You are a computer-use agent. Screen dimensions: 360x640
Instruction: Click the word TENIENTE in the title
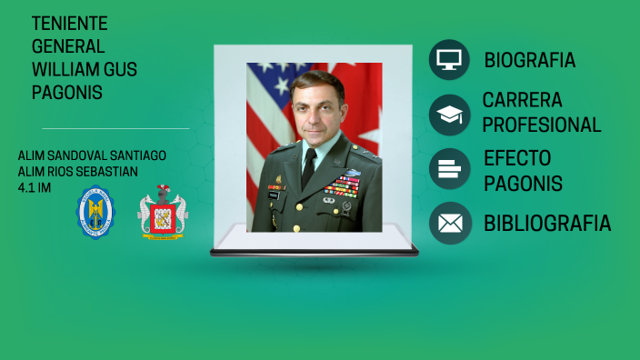[69, 24]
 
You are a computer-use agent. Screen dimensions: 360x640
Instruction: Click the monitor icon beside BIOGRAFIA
[449, 60]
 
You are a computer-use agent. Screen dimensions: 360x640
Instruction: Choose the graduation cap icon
[449, 115]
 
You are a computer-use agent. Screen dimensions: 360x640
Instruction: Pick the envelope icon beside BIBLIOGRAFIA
[449, 223]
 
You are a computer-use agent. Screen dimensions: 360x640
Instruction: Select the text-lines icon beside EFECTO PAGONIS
[449, 168]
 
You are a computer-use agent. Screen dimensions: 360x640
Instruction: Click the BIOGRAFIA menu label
[529, 61]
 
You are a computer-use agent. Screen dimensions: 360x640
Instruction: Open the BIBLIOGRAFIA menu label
[546, 224]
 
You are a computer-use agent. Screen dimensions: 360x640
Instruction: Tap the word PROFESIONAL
[542, 125]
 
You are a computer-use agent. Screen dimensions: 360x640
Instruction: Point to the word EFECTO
[517, 158]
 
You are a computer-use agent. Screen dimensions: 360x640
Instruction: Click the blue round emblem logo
[95, 214]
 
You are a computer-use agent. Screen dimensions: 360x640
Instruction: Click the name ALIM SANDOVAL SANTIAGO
[92, 155]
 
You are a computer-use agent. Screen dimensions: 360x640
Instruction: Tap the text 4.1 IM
[35, 187]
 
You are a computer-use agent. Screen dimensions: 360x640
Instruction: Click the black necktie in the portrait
[308, 168]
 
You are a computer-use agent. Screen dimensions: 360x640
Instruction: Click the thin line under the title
[115, 128]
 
